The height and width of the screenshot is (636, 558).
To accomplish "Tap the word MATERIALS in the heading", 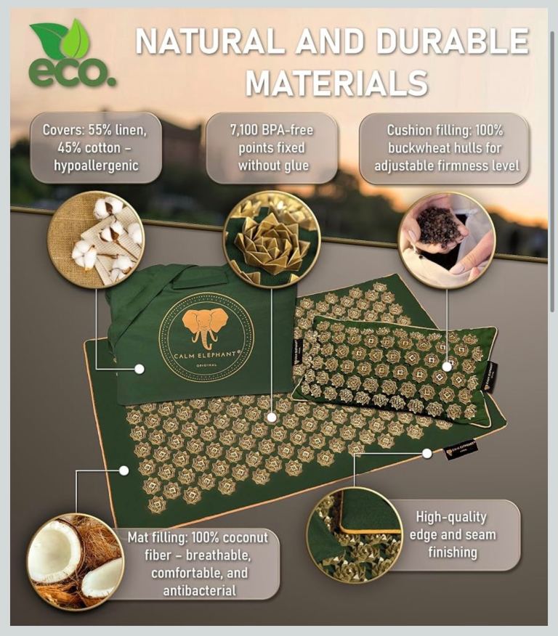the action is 336,83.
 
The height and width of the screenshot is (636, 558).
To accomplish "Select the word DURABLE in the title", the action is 453,42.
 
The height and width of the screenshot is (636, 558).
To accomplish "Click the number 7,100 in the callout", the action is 245,130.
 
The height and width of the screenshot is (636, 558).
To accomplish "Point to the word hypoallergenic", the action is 96,166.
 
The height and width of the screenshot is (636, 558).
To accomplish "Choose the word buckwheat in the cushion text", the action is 418,148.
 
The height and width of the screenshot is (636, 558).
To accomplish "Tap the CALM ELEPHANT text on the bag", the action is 206,355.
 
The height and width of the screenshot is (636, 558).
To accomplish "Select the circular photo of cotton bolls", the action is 96,240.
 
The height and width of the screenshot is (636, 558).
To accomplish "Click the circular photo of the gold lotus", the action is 271,240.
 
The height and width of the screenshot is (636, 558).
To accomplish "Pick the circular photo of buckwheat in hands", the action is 446,240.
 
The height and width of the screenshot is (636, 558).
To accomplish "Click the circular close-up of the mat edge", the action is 355,533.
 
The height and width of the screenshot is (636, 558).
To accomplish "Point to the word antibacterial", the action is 200,590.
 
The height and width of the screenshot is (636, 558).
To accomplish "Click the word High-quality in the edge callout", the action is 451,517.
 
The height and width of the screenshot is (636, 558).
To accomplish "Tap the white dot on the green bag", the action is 139,369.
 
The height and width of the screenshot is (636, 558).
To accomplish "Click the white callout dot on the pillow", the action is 447,367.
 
